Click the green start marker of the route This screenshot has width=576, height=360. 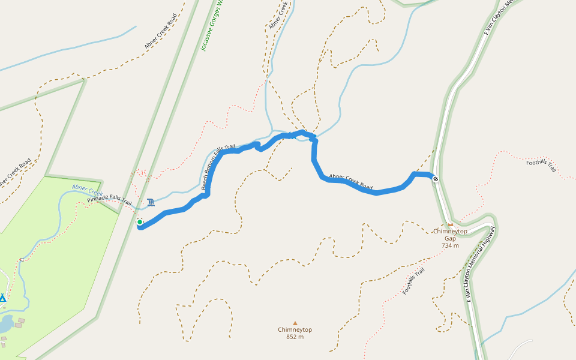pyautogui.click(x=140, y=222)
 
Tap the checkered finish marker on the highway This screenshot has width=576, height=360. pyautogui.click(x=436, y=178)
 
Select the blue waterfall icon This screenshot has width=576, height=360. pyautogui.click(x=150, y=202)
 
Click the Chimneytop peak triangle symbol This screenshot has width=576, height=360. pyautogui.click(x=295, y=323)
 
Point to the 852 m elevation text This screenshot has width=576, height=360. pyautogui.click(x=295, y=337)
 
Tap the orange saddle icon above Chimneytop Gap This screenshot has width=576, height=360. pyautogui.click(x=450, y=225)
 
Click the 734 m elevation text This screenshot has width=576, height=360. pyautogui.click(x=450, y=245)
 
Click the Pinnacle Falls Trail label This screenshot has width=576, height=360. pyautogui.click(x=109, y=200)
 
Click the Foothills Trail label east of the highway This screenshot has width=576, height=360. pyautogui.click(x=542, y=166)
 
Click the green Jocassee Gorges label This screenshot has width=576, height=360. pyautogui.click(x=212, y=27)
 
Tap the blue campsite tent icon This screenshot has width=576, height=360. pyautogui.click(x=2, y=298)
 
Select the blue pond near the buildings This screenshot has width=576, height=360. pyautogui.click(x=5, y=325)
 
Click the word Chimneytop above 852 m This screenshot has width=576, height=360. pyautogui.click(x=295, y=329)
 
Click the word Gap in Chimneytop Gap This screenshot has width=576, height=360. pyautogui.click(x=450, y=238)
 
